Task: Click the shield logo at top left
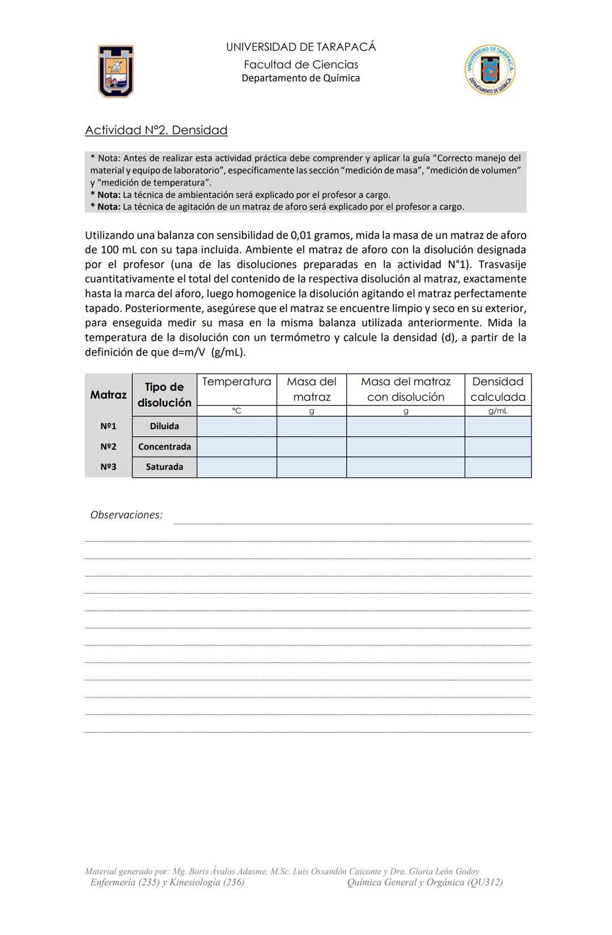tap(116, 71)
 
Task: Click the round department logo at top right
tap(490, 70)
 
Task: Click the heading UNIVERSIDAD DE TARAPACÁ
tap(300, 47)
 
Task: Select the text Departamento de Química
tap(300, 78)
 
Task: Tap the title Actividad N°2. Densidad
tap(156, 130)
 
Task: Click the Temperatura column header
tap(236, 382)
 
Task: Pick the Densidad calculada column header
tap(498, 390)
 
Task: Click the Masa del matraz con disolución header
tap(405, 390)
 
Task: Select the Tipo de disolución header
tap(164, 395)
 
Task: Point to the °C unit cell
tap(236, 411)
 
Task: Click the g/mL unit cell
tap(498, 411)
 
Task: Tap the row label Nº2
tap(108, 447)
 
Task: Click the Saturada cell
tap(164, 467)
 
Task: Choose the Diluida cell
tap(164, 426)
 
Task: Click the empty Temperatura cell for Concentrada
tap(236, 447)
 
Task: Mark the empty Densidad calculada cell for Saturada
tap(498, 467)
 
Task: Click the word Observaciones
tap(126, 515)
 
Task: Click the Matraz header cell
tap(108, 395)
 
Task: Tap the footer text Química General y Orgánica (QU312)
tap(424, 882)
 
